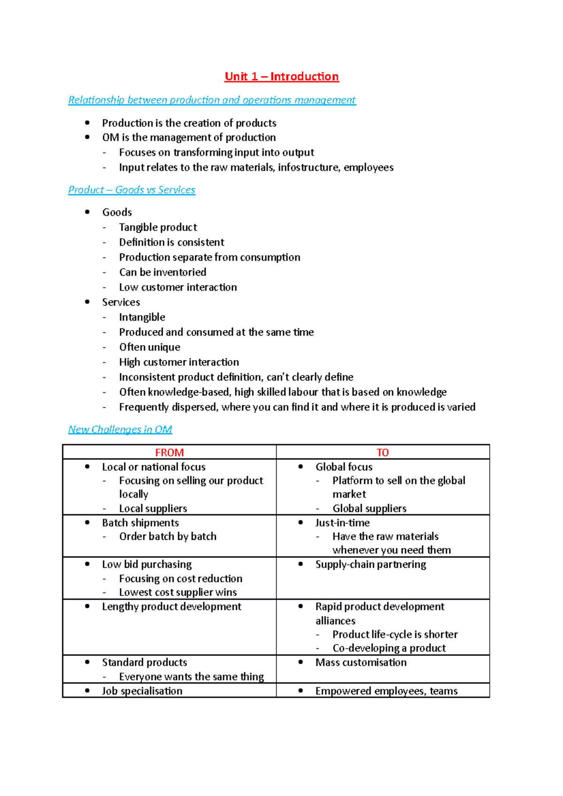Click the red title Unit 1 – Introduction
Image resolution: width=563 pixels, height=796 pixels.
coord(281,76)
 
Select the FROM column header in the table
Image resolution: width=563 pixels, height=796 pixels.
coord(169,452)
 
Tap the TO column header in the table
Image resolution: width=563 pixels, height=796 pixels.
coord(382,452)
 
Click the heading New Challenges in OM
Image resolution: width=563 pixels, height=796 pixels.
coord(120,429)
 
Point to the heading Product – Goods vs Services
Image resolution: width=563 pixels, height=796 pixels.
coord(131,190)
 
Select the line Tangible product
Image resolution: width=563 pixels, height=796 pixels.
coord(158,227)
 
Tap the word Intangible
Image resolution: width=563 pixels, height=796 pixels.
coord(142,317)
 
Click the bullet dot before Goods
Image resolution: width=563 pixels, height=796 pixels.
coord(87,212)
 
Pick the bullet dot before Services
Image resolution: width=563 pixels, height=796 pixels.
coord(87,302)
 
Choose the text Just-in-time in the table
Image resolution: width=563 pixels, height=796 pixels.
coord(342,523)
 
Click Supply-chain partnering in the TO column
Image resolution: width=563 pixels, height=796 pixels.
coord(371,564)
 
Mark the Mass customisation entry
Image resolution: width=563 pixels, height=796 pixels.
coord(361,662)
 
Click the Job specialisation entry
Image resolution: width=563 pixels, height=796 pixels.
coord(142,691)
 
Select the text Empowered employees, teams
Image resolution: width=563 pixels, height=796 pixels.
coord(386,691)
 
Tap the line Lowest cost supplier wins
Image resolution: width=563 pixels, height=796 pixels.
coord(178,593)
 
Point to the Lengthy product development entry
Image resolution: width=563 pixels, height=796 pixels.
coord(171,607)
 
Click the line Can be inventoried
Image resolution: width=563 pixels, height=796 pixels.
coord(162,272)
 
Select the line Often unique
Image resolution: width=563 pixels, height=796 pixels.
coord(149,347)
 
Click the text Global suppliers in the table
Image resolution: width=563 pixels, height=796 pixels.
coord(369,509)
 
